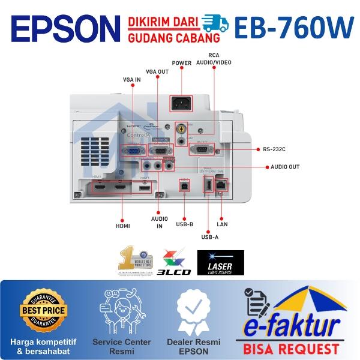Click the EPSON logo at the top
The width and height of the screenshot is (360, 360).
[x=65, y=28]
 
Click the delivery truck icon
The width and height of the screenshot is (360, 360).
[x=215, y=23]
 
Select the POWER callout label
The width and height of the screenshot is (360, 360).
[x=181, y=63]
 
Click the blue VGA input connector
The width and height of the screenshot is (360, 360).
[x=133, y=151]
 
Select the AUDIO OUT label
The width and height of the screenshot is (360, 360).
[x=285, y=167]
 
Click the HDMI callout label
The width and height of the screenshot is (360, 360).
[x=123, y=226]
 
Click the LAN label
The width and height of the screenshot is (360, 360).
[x=221, y=225]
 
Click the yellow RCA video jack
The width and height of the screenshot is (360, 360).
[x=179, y=128]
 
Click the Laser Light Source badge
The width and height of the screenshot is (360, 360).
[x=221, y=262]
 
